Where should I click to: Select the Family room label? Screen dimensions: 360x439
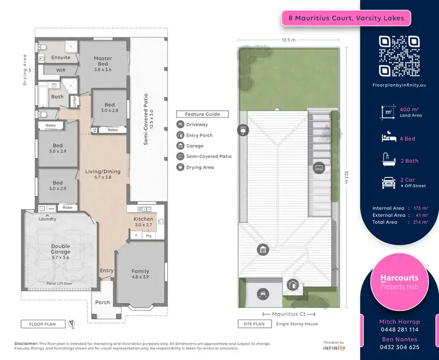coord(140,271)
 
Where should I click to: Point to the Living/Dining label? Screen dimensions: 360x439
coord(102,172)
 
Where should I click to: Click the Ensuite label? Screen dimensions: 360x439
coord(61,57)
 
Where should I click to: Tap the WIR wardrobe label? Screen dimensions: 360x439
coord(61,70)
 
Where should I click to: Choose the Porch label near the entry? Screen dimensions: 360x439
coord(102,303)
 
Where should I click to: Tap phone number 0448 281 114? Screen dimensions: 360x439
coord(400,330)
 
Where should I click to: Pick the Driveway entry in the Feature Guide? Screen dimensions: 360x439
coord(197,125)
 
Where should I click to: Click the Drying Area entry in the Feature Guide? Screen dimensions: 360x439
coord(199,167)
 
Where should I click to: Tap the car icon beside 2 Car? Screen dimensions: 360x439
coord(388,183)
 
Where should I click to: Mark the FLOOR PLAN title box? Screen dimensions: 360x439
coord(43,324)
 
